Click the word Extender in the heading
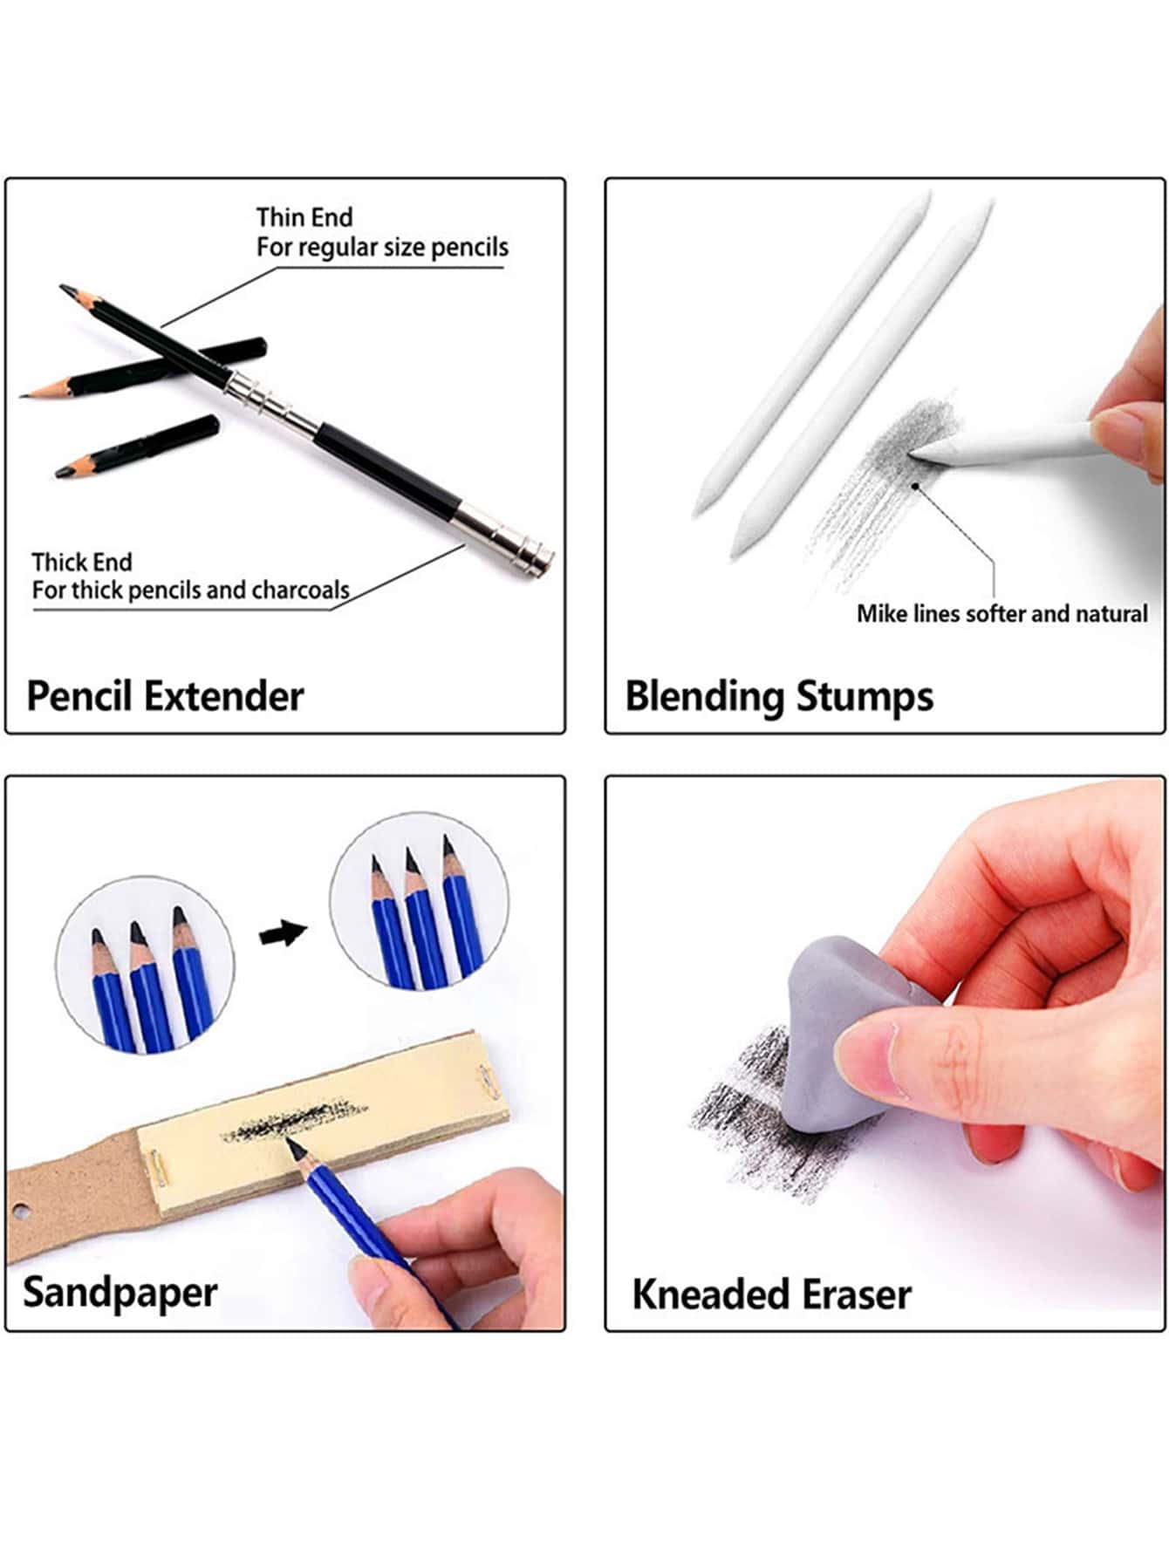pyautogui.click(x=223, y=696)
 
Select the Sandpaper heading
pyautogui.click(x=120, y=1293)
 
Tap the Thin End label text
pyautogui.click(x=304, y=217)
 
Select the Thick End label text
pyautogui.click(x=81, y=562)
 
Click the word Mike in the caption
pyautogui.click(x=881, y=614)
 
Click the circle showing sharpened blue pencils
pyautogui.click(x=419, y=903)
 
